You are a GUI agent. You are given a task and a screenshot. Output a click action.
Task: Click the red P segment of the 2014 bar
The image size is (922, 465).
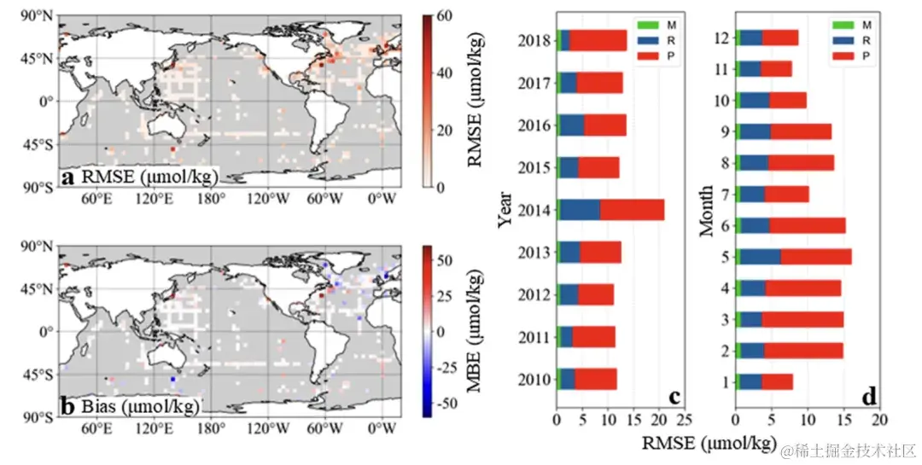(x=632, y=209)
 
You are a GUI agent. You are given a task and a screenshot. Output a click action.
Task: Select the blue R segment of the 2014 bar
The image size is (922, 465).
(x=581, y=209)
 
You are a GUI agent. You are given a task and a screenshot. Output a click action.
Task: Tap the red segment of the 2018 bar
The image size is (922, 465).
(x=598, y=40)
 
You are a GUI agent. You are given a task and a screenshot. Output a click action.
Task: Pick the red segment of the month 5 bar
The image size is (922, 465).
(x=815, y=257)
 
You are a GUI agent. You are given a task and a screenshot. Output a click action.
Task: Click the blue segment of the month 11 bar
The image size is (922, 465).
(x=750, y=69)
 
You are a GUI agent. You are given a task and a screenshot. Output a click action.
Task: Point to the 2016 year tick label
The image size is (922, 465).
(x=534, y=125)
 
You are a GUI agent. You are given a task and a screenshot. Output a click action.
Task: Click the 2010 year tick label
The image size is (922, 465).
(x=534, y=379)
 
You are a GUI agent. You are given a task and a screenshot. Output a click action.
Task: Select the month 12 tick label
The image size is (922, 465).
(x=725, y=38)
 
